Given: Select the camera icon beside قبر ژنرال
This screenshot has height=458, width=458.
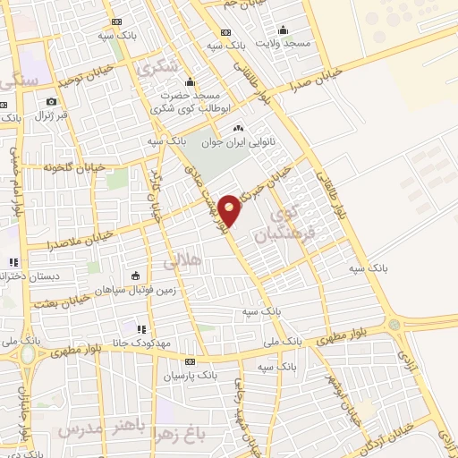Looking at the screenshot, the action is (x=51, y=101).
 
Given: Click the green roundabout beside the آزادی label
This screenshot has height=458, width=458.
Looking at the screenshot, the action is (x=394, y=324).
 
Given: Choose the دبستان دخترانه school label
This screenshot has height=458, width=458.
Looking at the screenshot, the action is (x=29, y=276).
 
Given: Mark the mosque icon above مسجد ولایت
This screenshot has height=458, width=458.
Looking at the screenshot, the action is (x=284, y=29).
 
